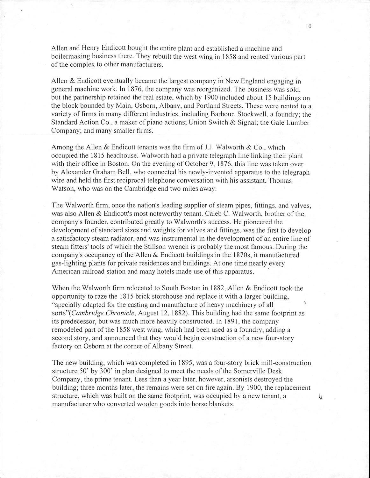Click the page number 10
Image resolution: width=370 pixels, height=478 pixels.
click(308, 27)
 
